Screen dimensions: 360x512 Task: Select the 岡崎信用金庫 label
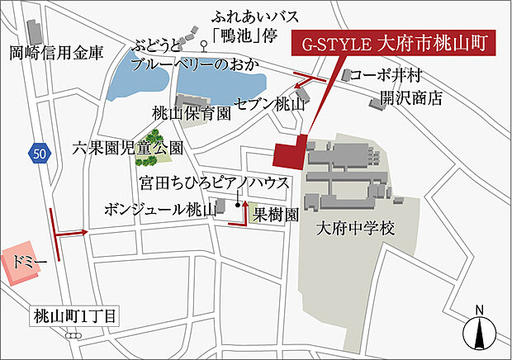click(57, 54)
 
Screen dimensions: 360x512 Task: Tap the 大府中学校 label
click(355, 229)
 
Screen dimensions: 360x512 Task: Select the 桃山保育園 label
click(191, 112)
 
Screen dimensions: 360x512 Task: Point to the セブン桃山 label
click(270, 106)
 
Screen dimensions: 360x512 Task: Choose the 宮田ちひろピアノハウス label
click(214, 181)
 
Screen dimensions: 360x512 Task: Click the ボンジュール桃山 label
click(159, 210)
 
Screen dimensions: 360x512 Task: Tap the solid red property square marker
click(289, 154)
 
